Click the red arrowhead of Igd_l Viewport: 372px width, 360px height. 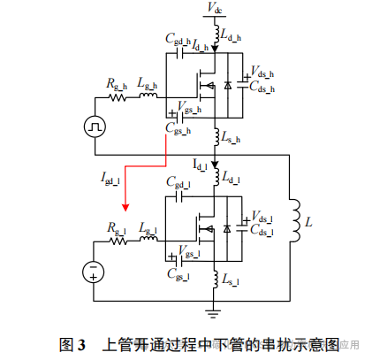click(x=125, y=208)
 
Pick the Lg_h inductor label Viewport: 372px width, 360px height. click(x=148, y=84)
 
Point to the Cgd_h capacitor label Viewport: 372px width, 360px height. click(x=177, y=41)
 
